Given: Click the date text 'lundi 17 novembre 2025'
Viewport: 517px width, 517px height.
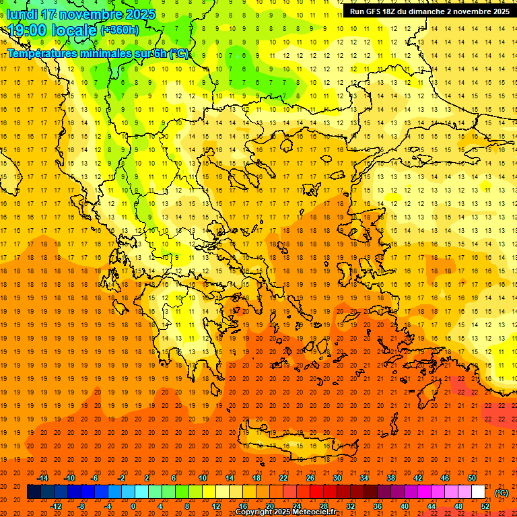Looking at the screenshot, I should click(81, 14).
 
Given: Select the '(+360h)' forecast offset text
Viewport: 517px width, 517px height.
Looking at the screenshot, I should click(120, 30).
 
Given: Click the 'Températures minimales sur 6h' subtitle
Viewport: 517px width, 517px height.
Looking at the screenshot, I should click(98, 54).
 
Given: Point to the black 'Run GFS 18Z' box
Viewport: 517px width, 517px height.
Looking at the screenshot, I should click(429, 11).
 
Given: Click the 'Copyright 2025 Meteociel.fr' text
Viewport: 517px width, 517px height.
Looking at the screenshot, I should click(285, 512).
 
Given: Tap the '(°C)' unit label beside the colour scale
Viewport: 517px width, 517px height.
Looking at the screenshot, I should click(502, 493).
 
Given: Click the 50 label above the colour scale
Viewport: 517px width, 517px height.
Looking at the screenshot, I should click(472, 478).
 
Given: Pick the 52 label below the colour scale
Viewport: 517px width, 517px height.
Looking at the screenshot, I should click(485, 506).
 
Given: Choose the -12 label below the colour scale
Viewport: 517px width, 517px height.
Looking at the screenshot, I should click(56, 506).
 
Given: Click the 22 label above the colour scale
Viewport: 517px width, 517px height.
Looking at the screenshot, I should click(283, 478).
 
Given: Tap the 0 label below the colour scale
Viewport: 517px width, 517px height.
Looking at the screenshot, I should click(133, 506).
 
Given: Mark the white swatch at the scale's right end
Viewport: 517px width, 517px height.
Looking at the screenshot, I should click(479, 492).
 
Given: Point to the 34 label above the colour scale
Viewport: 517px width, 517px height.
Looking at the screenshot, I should click(364, 478).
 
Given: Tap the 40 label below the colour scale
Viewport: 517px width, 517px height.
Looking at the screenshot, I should click(405, 506).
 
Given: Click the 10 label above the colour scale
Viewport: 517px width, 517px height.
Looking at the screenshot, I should click(203, 478).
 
